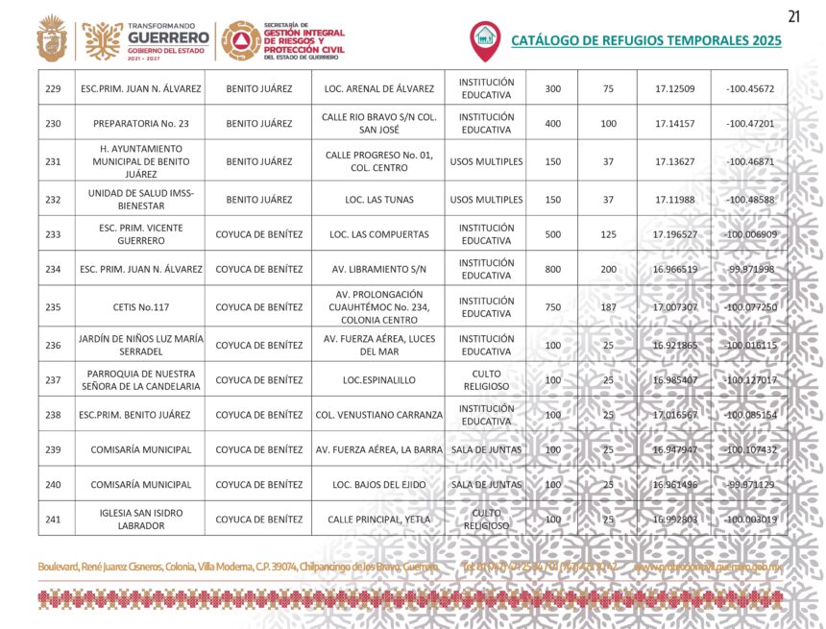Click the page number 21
(793, 15)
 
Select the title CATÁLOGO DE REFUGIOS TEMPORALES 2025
(645, 41)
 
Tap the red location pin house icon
(485, 39)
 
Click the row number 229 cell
(53, 88)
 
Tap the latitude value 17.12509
(674, 88)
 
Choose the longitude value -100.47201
(750, 123)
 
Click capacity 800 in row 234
(553, 269)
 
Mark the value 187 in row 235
(608, 307)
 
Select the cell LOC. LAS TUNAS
(379, 200)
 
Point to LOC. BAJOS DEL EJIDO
(379, 485)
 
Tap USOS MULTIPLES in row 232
(486, 200)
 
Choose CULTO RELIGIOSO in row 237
(486, 379)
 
